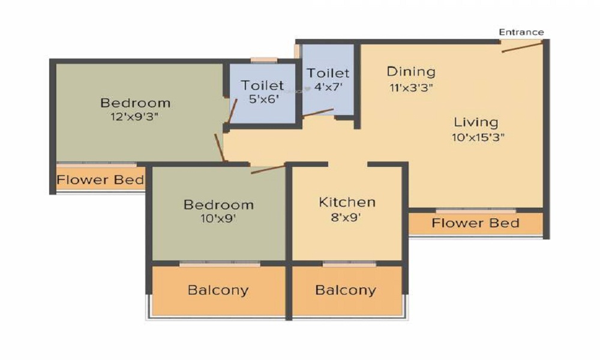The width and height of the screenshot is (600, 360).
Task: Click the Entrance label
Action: click(x=521, y=32)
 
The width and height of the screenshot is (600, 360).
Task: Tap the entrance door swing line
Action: click(x=522, y=46)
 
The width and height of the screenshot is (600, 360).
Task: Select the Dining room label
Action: click(x=411, y=71)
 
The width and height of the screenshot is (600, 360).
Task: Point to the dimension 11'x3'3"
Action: click(x=411, y=87)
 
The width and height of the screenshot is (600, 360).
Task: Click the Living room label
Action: click(x=476, y=122)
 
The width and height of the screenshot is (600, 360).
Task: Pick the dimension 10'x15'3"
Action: click(x=478, y=137)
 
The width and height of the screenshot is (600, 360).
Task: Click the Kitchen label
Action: click(x=347, y=202)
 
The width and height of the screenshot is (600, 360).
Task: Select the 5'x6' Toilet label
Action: click(x=263, y=86)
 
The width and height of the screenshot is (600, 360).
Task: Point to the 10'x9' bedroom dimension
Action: click(x=218, y=219)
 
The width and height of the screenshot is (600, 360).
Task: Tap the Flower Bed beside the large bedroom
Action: click(x=100, y=179)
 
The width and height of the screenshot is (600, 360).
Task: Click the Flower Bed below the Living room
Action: click(x=475, y=223)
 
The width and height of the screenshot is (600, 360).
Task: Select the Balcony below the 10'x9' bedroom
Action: click(x=218, y=290)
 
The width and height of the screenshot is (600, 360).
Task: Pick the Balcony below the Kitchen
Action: click(x=346, y=290)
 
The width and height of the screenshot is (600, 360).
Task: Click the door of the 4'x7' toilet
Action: click(x=318, y=113)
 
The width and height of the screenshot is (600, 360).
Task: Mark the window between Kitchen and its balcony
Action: click(x=349, y=263)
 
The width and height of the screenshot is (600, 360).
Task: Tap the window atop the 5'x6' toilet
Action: click(x=263, y=60)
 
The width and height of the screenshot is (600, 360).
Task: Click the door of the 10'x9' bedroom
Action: click(x=268, y=169)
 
